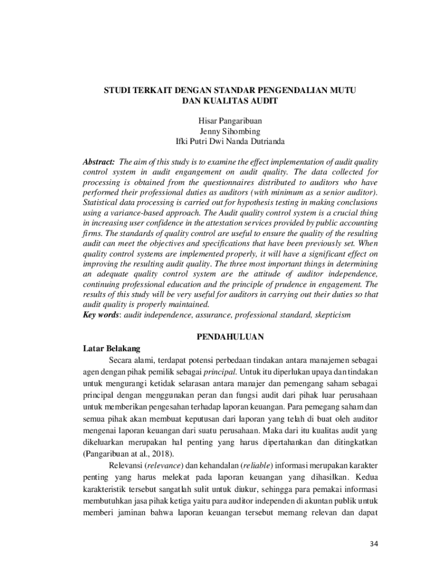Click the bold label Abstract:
pos(99,162)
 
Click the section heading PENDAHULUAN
pos(230,337)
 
